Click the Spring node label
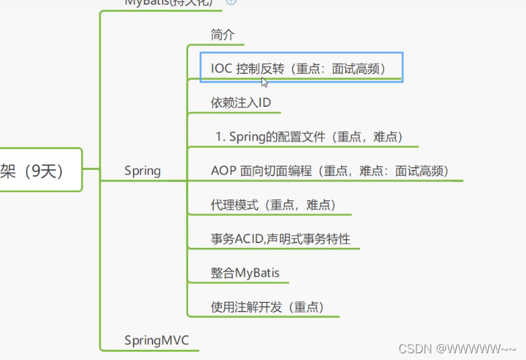tap(142, 171)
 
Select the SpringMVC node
tap(157, 341)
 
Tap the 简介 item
tap(222, 35)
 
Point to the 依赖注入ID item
tap(240, 103)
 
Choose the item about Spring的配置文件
tap(309, 136)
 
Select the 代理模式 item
tap(273, 205)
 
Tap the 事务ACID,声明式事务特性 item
tap(280, 239)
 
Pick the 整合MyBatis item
tap(245, 273)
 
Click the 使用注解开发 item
tap(267, 307)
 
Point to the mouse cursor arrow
tap(265, 82)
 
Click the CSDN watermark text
tap(457, 349)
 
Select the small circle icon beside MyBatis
tap(231, 2)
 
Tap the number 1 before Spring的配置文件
tap(219, 136)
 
